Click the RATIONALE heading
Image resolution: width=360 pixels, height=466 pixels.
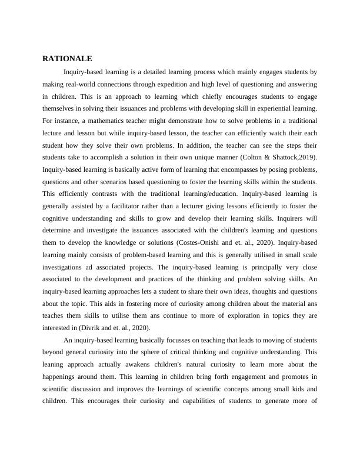[x=67, y=59]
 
